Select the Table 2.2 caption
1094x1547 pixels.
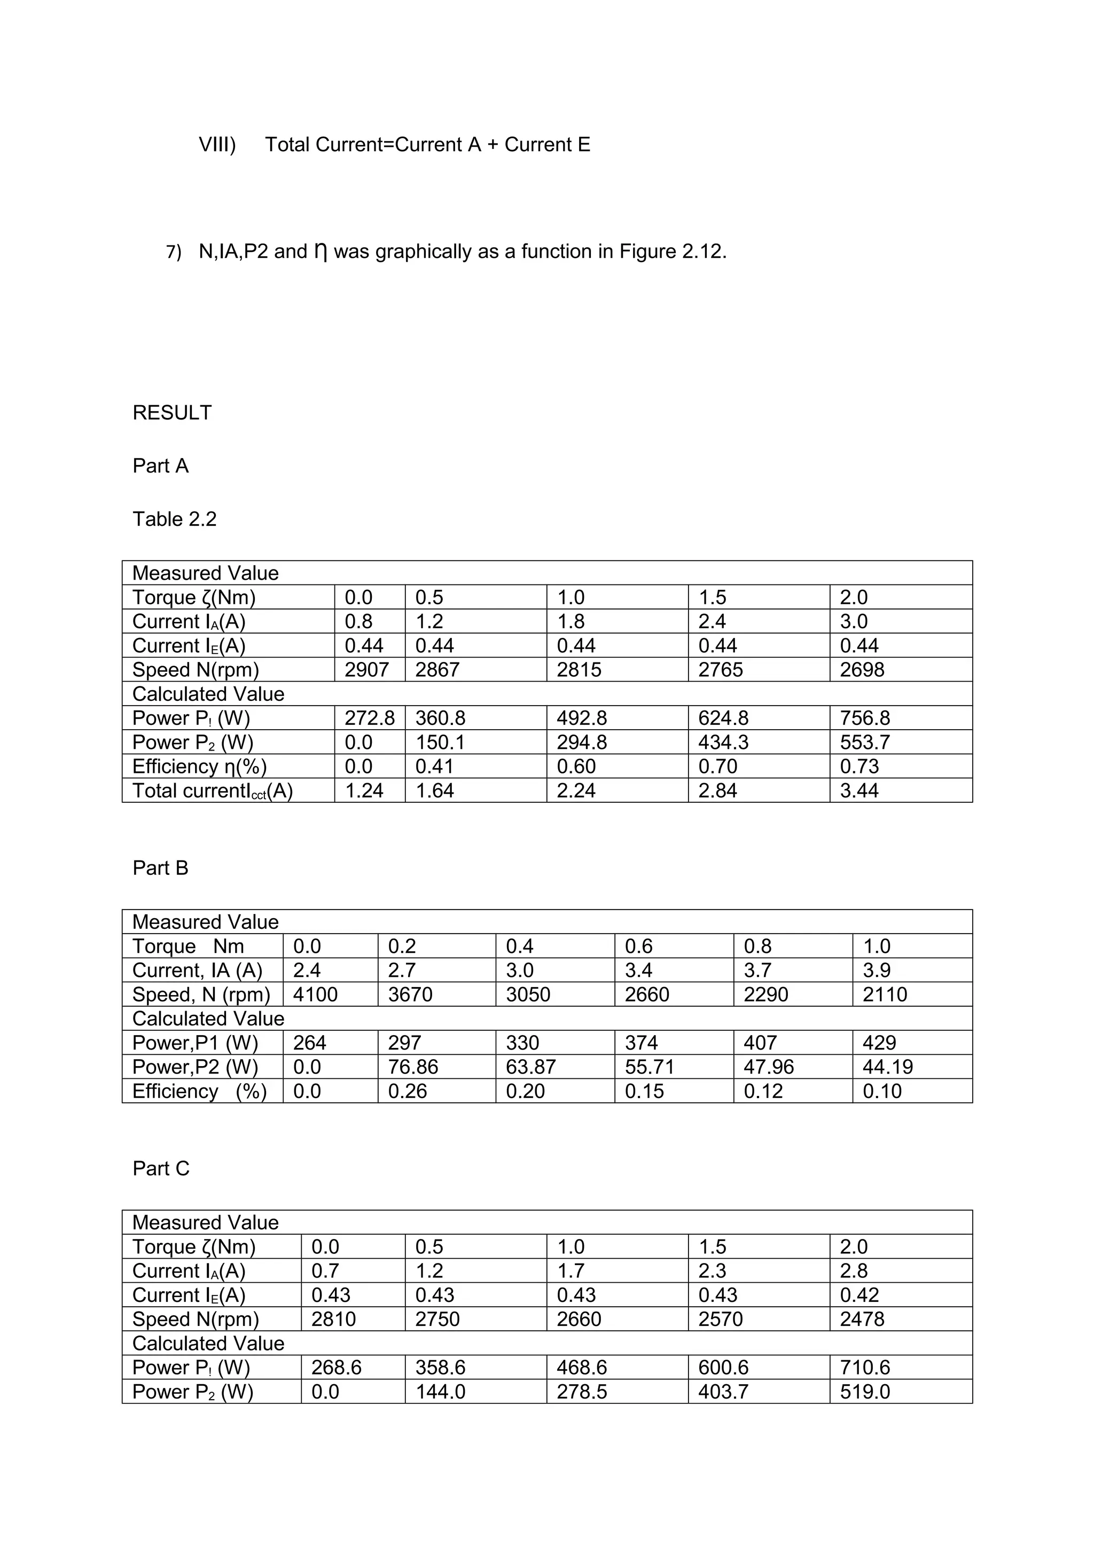[175, 519]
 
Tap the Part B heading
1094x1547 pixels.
[160, 868]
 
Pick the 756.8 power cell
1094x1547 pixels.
[865, 719]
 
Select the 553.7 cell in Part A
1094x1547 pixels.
[865, 743]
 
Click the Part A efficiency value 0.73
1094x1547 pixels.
[859, 767]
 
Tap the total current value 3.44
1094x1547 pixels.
[859, 791]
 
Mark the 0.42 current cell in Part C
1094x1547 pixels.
[859, 1295]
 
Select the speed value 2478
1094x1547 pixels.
[862, 1319]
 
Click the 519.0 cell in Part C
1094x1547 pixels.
[865, 1392]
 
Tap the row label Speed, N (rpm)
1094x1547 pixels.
[201, 995]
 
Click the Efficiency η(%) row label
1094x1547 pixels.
[200, 767]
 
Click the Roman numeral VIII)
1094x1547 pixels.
[217, 144]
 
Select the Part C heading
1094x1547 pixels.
[161, 1169]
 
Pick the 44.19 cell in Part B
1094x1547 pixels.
[887, 1067]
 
